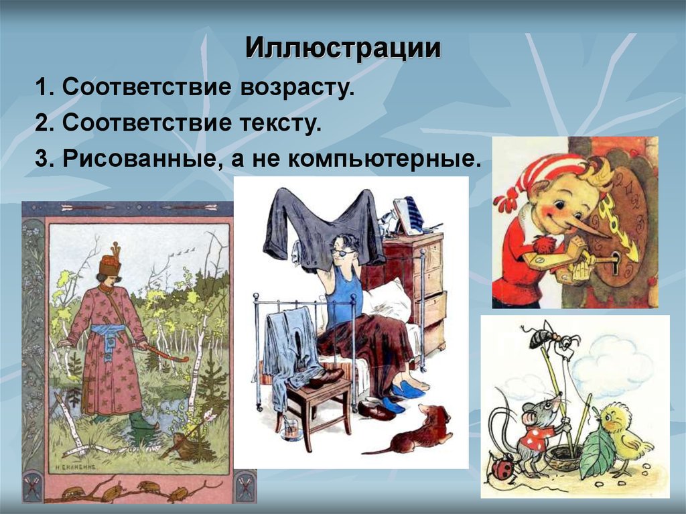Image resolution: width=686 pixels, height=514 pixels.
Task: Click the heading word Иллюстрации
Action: pyautogui.click(x=342, y=48)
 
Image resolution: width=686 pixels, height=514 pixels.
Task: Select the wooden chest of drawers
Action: pyautogui.click(x=415, y=281)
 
